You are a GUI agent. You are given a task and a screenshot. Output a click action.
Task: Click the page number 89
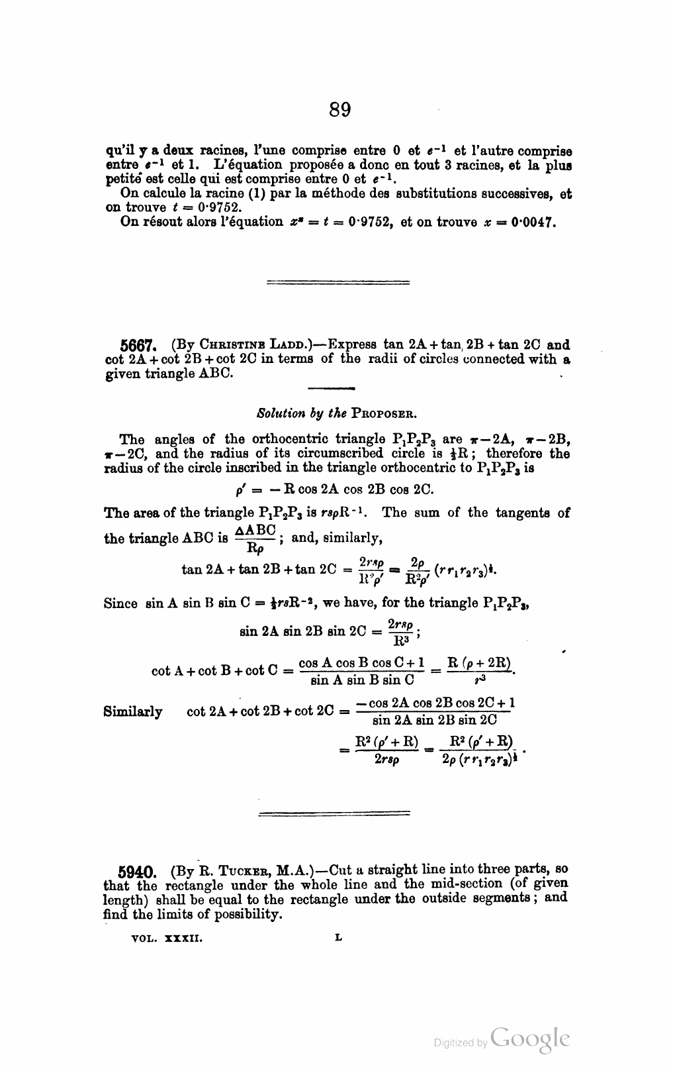(339, 109)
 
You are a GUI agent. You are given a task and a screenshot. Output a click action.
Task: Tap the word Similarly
(133, 712)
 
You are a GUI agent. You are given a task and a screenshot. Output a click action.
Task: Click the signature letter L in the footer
(339, 938)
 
